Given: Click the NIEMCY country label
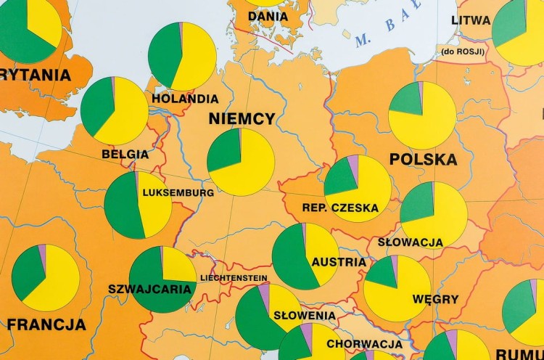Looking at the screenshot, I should coord(242,119).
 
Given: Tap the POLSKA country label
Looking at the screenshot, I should coord(424,160).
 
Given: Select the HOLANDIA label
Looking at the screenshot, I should coord(185,99).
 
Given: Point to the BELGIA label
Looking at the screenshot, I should coord(125,154).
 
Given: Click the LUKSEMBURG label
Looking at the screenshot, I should coord(178,193).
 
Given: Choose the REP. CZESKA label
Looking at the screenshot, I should coord(340,208).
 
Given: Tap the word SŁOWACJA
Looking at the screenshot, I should coord(411,242).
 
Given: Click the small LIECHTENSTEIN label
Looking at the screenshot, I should coord(233,278).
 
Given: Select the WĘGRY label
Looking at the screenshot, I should coord(435,299).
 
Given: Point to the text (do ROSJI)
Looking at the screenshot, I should coord(462,52).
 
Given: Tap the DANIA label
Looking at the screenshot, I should coord(268,16).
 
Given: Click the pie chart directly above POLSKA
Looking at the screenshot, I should coord(422,115).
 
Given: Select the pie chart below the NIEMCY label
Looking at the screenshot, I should coord(241,162).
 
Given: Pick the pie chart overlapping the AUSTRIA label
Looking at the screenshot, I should coord(305,255).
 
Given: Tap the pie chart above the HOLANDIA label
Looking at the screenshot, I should coord(182,56).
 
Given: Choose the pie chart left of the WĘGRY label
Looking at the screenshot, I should coord(397,288).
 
